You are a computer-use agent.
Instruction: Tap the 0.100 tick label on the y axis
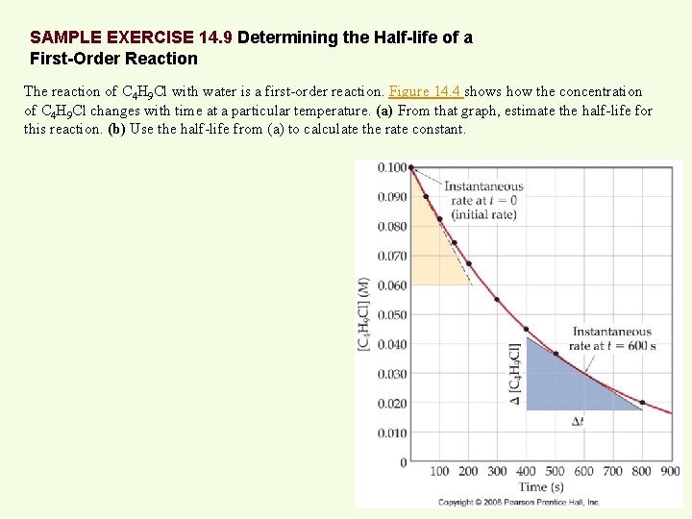coord(391,167)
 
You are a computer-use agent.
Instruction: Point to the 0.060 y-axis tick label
coord(391,285)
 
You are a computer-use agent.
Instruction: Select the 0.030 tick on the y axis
coord(391,374)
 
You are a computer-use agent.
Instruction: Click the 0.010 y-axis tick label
coord(391,433)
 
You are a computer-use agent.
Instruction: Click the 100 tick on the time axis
coord(439,471)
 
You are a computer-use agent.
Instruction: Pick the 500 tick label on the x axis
coord(555,471)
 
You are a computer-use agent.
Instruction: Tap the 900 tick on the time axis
coord(670,471)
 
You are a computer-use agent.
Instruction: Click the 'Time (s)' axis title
coord(542,487)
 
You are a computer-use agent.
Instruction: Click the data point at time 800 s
coord(642,403)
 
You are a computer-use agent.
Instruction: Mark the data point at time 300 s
coord(497,299)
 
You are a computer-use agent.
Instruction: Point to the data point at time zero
coord(411,168)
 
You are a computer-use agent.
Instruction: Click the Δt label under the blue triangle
coord(578,421)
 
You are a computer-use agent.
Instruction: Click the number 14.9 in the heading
coord(215,38)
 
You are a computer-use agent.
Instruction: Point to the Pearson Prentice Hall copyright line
coord(519,502)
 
